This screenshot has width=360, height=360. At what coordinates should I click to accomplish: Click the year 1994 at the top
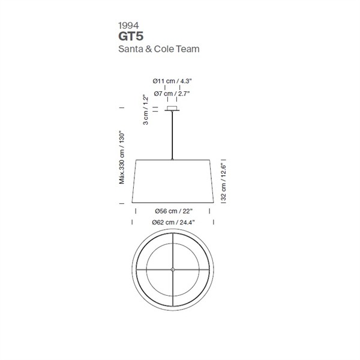[130, 26]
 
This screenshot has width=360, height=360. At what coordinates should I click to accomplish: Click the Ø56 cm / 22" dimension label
[172, 211]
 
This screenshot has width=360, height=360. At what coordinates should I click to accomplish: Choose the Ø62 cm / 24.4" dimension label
[173, 222]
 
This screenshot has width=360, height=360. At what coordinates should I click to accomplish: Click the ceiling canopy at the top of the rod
[173, 109]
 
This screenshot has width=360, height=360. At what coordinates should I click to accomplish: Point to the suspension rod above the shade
[173, 135]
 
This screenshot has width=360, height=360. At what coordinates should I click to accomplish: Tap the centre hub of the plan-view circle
[173, 269]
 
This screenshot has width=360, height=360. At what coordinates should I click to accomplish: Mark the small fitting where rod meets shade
[173, 159]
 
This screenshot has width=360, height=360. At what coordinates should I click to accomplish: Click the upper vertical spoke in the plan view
[173, 250]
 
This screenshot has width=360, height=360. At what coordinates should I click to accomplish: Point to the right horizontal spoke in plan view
[192, 269]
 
